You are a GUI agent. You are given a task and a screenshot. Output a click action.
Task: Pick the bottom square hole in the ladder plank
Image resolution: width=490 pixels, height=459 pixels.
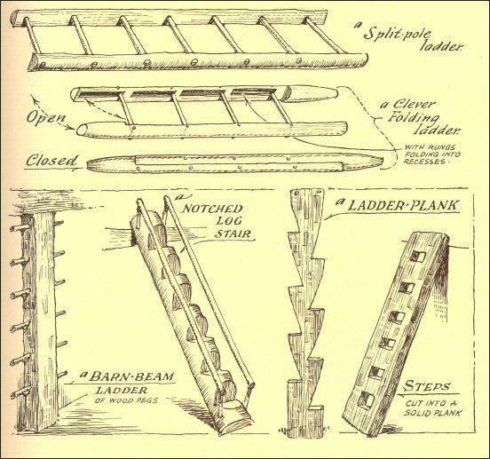point(376,398)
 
